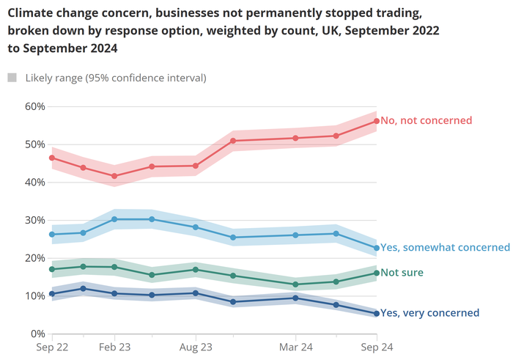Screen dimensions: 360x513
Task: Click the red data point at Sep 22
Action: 51,158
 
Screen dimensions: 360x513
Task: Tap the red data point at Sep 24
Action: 376,121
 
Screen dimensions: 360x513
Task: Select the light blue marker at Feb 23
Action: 114,219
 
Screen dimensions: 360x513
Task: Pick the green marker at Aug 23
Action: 196,270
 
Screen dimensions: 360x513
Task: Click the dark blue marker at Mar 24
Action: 295,298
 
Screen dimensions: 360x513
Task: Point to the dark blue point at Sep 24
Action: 376,314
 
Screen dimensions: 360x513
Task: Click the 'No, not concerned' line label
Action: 426,121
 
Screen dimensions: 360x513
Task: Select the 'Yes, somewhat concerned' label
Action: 445,248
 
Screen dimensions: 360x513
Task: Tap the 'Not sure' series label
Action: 402,273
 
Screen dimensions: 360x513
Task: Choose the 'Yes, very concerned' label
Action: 430,314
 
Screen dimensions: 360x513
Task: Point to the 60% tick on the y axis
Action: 34,106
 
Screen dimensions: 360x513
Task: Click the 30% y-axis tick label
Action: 34,220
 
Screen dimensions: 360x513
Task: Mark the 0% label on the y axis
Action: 37,334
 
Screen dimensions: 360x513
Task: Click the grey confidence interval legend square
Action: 12,78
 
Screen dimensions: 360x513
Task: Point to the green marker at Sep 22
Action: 51,269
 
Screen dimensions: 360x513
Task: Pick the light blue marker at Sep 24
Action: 376,248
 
